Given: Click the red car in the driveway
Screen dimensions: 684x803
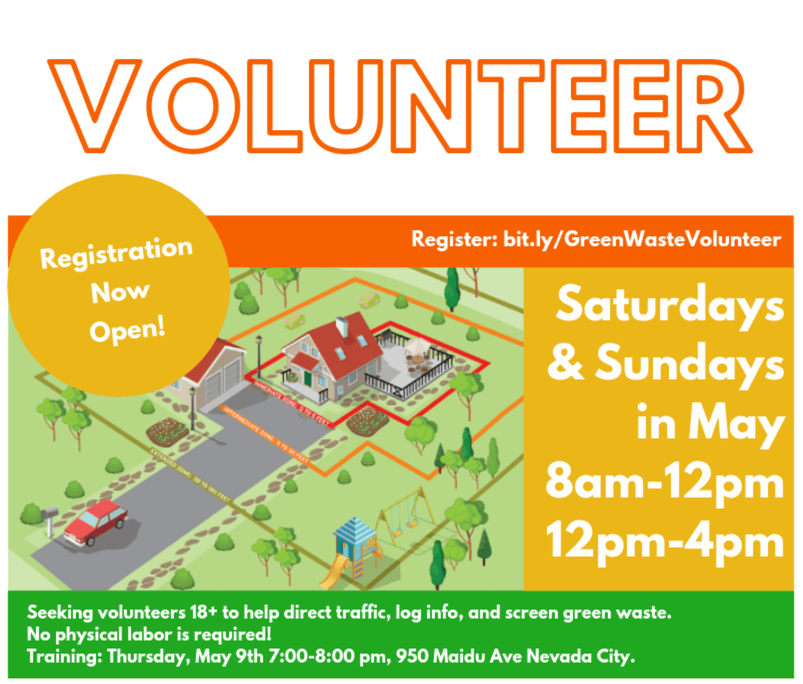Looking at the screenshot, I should point(96,521).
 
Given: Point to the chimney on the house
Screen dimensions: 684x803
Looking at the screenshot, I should point(341,326).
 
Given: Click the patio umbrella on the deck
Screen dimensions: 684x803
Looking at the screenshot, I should point(418,346).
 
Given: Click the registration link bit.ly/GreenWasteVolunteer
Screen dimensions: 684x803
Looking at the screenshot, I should point(641,240).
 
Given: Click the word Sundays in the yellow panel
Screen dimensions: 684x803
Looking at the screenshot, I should point(689,365).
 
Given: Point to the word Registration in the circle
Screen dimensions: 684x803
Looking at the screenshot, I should point(116,254).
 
